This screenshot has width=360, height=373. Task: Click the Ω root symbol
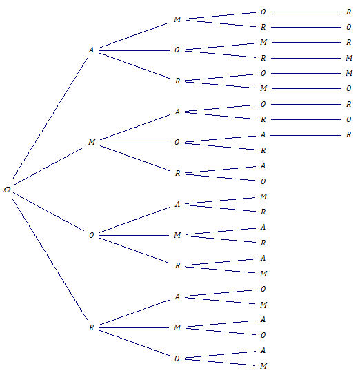point(7,190)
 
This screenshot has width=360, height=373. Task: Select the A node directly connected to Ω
point(91,50)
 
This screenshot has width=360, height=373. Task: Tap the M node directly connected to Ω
point(92,142)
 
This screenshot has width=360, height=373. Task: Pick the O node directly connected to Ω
point(91,235)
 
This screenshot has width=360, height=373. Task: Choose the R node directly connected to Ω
point(91,327)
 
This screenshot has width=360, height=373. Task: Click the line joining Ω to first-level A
point(50,118)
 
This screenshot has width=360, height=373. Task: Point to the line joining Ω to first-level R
point(50,259)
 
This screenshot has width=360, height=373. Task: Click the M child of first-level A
point(177,19)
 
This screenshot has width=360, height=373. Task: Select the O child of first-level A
point(177,50)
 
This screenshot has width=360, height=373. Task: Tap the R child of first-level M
point(177,173)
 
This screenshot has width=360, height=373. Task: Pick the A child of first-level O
point(177,204)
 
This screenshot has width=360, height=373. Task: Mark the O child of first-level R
point(177,359)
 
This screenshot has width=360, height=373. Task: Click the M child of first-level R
point(177,327)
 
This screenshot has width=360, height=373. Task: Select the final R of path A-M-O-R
point(348,12)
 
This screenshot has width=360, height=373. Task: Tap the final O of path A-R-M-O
point(348,88)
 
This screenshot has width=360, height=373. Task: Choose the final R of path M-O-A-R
point(348,134)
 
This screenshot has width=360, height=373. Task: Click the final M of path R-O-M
point(263,366)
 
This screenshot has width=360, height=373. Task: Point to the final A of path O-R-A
point(263,258)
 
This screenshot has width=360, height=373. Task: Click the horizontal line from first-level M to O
point(135,143)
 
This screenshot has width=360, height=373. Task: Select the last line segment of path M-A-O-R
point(306,104)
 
